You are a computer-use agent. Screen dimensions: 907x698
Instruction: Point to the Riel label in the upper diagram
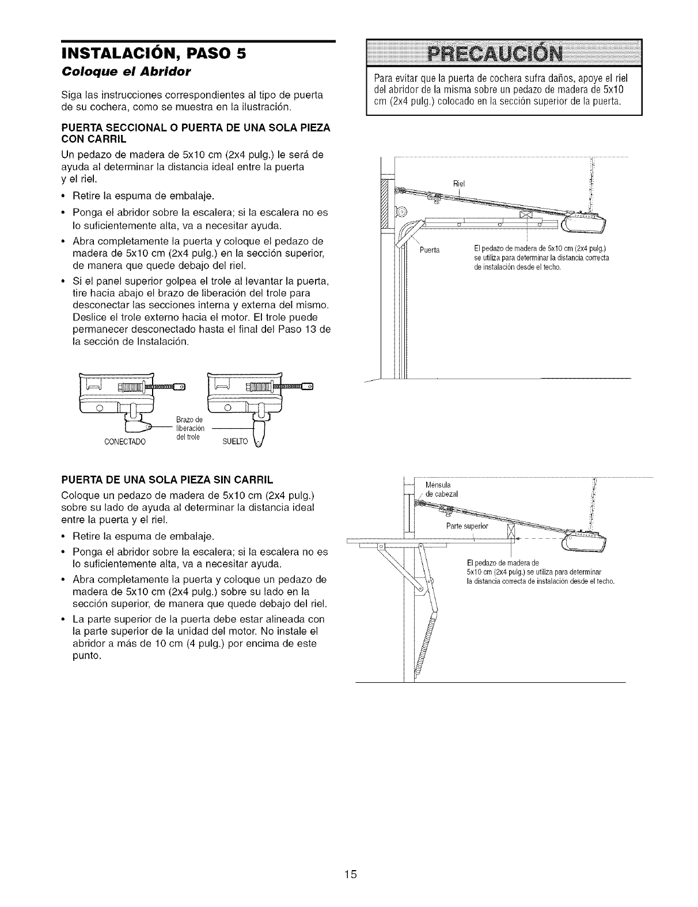tap(459, 184)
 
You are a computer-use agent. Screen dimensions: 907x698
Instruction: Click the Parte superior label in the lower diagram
tap(467, 527)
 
